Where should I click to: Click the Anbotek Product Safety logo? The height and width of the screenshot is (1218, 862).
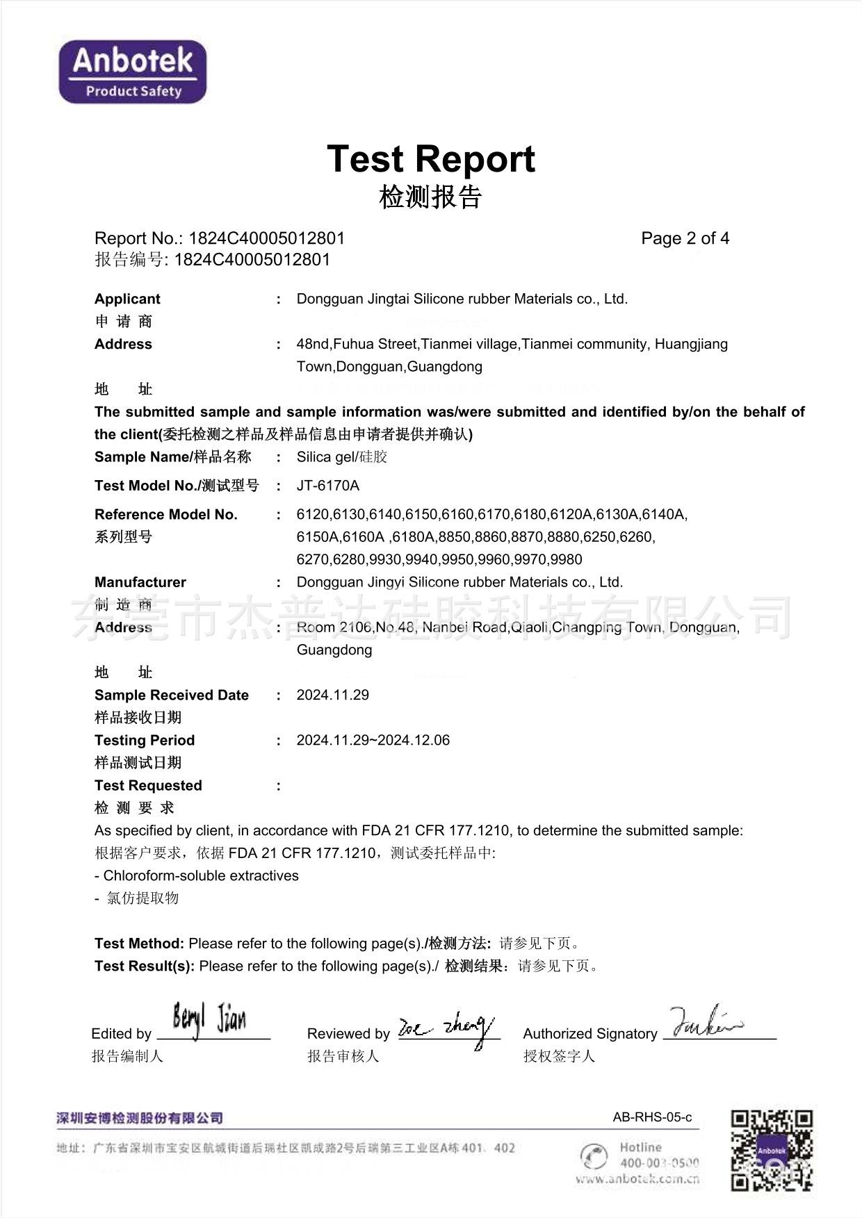(x=133, y=72)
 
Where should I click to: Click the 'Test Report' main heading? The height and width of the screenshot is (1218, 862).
(x=430, y=159)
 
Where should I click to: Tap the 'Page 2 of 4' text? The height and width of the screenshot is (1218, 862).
(x=685, y=238)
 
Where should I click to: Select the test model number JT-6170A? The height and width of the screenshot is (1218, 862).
(x=328, y=486)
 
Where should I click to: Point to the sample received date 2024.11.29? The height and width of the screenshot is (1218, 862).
(x=332, y=695)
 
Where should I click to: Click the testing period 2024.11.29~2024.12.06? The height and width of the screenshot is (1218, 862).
(x=373, y=740)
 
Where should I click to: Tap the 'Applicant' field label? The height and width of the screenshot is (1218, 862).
(x=127, y=299)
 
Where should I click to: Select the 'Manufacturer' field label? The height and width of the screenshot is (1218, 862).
(x=140, y=582)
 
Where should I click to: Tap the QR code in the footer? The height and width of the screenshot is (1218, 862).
(x=772, y=1150)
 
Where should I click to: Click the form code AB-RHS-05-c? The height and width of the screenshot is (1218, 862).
(x=652, y=1117)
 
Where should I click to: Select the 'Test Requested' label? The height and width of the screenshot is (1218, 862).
(x=148, y=785)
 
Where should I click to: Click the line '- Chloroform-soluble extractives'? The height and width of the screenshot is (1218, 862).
(x=197, y=875)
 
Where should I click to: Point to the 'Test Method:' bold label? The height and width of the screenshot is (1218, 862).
(x=139, y=944)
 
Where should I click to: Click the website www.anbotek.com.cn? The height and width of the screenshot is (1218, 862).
(x=637, y=1179)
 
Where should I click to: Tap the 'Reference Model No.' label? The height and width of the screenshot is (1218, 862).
(x=166, y=514)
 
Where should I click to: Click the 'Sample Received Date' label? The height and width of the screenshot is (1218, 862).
(x=172, y=695)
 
